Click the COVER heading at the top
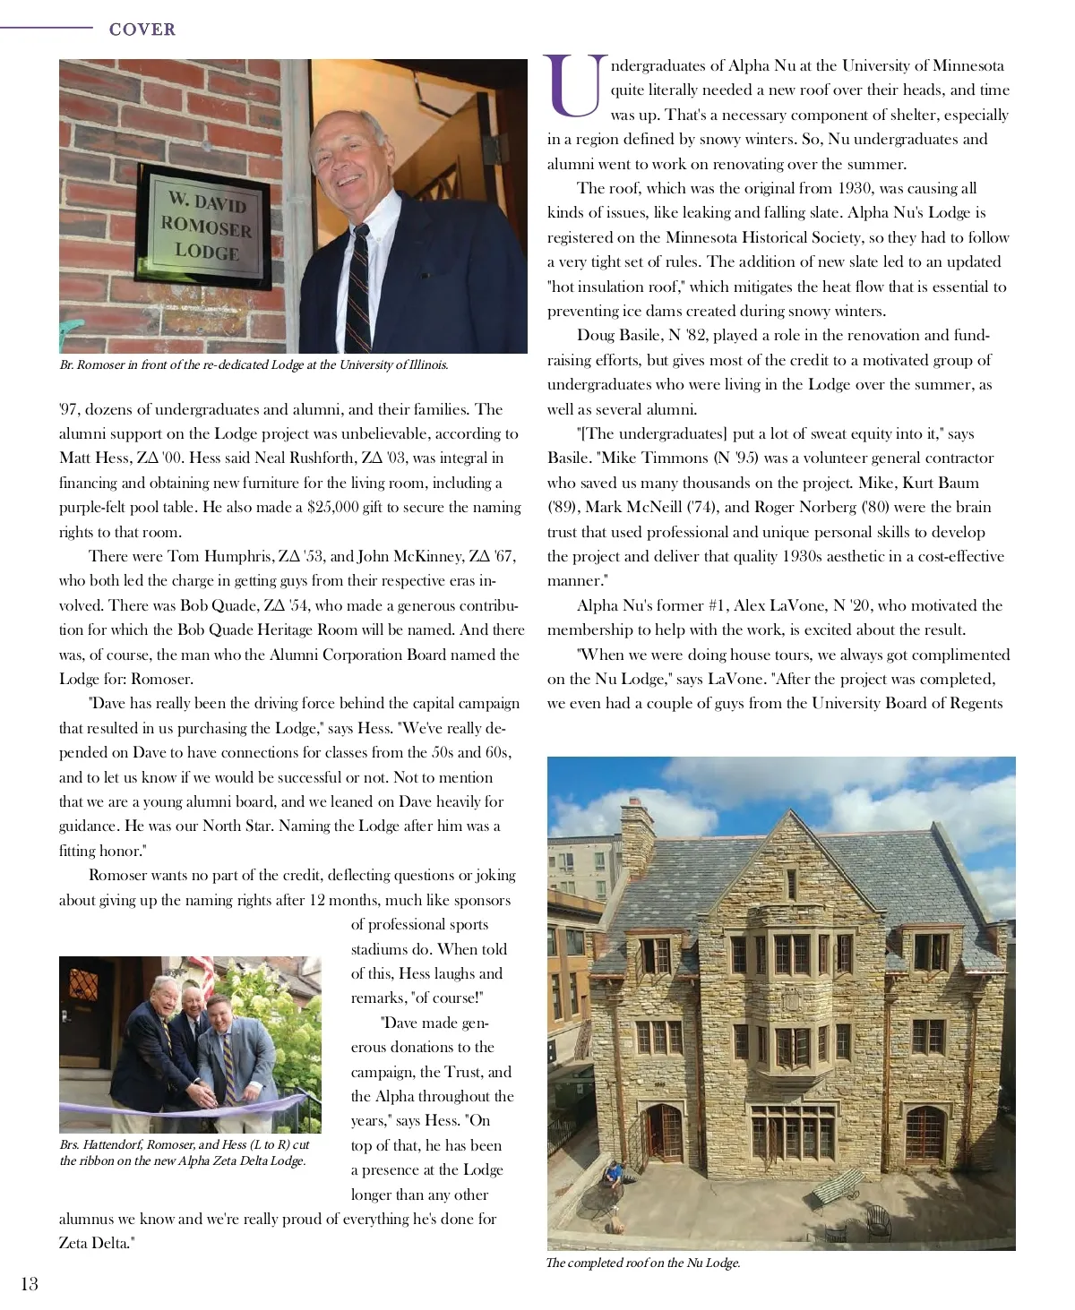pyautogui.click(x=142, y=30)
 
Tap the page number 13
pyautogui.click(x=30, y=1284)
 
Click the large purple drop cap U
pyautogui.click(x=574, y=87)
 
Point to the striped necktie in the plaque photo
pyautogui.click(x=359, y=287)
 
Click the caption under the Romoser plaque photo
pyautogui.click(x=254, y=365)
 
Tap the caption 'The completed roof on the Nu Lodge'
pyautogui.click(x=643, y=1263)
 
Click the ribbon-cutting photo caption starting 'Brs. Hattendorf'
pyautogui.click(x=185, y=1152)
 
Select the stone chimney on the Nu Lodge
pyautogui.click(x=637, y=834)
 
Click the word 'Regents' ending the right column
pyautogui.click(x=974, y=704)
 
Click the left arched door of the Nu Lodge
pyautogui.click(x=664, y=1132)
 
